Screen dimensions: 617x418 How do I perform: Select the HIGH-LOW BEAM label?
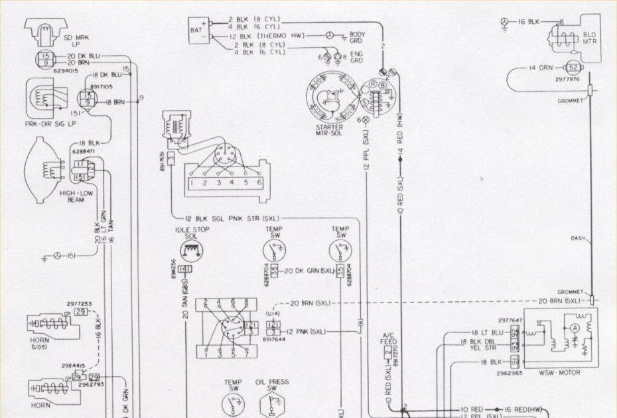[x=74, y=196]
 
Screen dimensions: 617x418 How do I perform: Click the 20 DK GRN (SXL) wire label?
[x=308, y=271]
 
